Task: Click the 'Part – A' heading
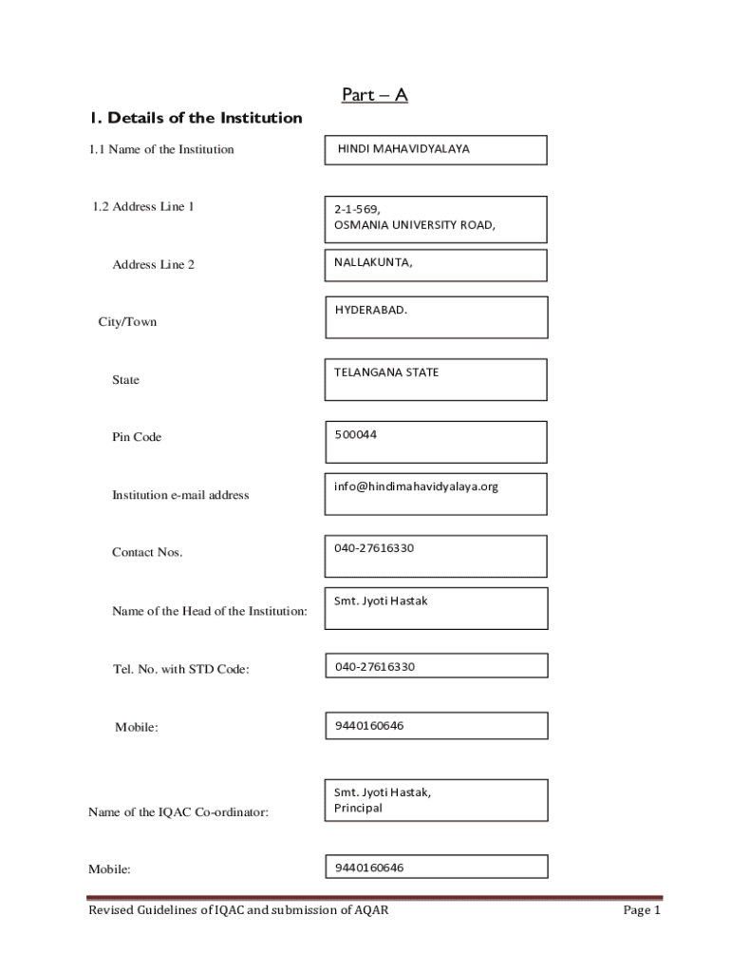(374, 95)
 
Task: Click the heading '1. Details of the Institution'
(196, 118)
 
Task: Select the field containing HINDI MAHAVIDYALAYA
(436, 150)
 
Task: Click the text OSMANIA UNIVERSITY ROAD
(414, 225)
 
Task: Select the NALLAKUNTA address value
(373, 263)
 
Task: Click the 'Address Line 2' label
(153, 264)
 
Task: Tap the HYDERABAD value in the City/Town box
(370, 310)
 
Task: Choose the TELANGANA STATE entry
(386, 372)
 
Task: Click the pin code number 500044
(355, 434)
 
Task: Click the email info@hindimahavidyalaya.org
(416, 486)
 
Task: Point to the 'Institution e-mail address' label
(180, 495)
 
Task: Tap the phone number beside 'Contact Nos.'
(374, 548)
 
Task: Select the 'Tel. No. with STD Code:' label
(180, 670)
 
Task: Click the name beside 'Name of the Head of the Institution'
(381, 601)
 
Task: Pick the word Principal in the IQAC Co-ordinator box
(358, 808)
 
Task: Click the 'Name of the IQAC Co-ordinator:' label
(178, 812)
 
